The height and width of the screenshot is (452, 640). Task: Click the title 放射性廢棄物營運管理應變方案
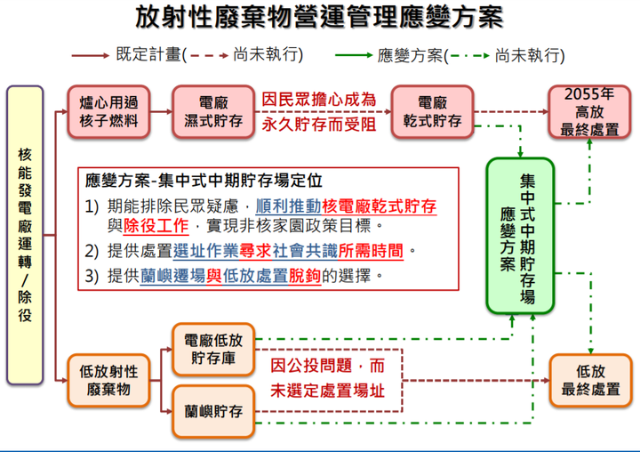(x=319, y=17)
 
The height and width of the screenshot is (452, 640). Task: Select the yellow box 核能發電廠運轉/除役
(x=25, y=235)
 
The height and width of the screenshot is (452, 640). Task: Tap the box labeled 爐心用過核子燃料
(x=108, y=111)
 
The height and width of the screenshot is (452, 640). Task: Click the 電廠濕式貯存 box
(x=213, y=111)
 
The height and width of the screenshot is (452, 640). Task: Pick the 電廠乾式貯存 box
(x=432, y=111)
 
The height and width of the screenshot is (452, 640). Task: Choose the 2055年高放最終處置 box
(x=589, y=111)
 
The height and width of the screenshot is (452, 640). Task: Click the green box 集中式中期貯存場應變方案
(x=520, y=236)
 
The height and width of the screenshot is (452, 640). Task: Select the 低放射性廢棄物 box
(x=108, y=381)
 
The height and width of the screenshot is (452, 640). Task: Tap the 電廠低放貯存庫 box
(x=213, y=350)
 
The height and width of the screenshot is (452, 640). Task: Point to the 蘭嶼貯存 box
(x=213, y=412)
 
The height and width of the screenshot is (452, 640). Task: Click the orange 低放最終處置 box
(x=590, y=381)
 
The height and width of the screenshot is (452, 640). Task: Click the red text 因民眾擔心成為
(x=319, y=100)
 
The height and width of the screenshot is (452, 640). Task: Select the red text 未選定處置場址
(x=327, y=391)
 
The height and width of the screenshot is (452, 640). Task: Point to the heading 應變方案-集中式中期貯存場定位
(x=204, y=181)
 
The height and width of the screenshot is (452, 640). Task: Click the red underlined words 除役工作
(x=156, y=226)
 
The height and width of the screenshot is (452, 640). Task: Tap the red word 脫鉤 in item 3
(x=305, y=276)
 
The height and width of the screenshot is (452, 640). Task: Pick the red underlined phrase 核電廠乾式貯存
(x=380, y=206)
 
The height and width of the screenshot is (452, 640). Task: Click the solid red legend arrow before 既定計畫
(x=90, y=55)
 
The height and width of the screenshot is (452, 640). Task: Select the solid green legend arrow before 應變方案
(x=354, y=55)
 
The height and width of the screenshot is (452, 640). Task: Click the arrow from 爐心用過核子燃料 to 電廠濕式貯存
(x=161, y=111)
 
